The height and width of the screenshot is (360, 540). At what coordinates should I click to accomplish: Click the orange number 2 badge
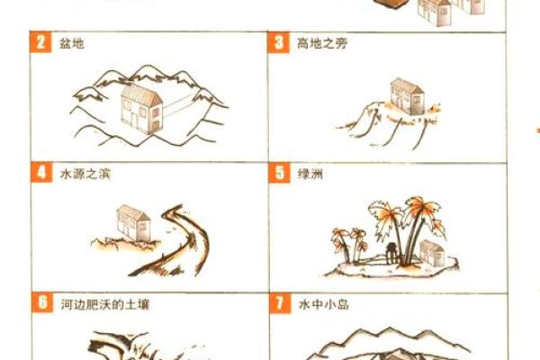(41, 43)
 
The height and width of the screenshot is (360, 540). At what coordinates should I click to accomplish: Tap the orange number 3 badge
(279, 43)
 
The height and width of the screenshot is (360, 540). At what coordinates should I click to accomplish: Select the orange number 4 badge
(41, 171)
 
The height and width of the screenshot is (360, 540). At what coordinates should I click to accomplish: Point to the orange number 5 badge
(279, 171)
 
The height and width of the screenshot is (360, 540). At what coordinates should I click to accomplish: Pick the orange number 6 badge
(41, 303)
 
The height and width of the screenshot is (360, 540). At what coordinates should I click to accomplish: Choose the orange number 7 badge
(279, 303)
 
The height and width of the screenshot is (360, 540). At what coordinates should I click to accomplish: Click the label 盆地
(71, 43)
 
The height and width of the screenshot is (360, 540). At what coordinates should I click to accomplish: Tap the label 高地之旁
(321, 43)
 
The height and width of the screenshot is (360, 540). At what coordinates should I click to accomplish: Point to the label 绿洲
(310, 172)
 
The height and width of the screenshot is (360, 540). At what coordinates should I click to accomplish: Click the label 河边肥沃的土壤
(103, 304)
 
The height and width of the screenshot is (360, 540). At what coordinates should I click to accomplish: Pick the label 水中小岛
(322, 304)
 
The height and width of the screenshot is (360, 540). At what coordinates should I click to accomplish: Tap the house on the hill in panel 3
(406, 95)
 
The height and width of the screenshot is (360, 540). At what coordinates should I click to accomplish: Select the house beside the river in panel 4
(133, 223)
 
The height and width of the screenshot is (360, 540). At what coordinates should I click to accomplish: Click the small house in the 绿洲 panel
(432, 253)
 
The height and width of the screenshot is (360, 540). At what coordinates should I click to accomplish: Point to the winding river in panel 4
(180, 238)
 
